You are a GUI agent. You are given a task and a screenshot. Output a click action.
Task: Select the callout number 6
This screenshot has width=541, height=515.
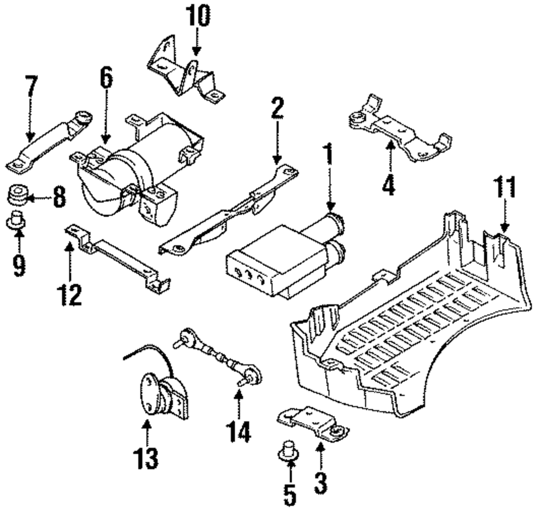[106, 79]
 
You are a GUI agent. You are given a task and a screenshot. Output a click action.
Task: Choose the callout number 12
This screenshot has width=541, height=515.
[70, 293]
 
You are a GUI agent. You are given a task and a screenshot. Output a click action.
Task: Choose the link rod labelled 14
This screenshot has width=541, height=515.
[216, 357]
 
